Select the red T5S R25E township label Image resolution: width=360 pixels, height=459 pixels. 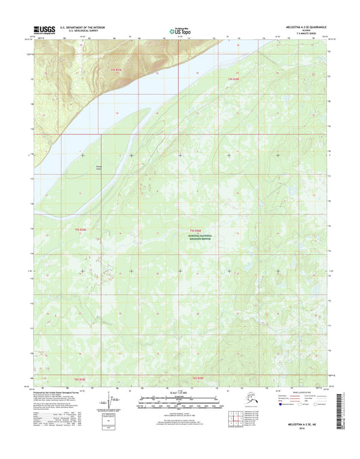80,230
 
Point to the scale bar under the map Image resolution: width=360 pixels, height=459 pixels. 179,402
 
